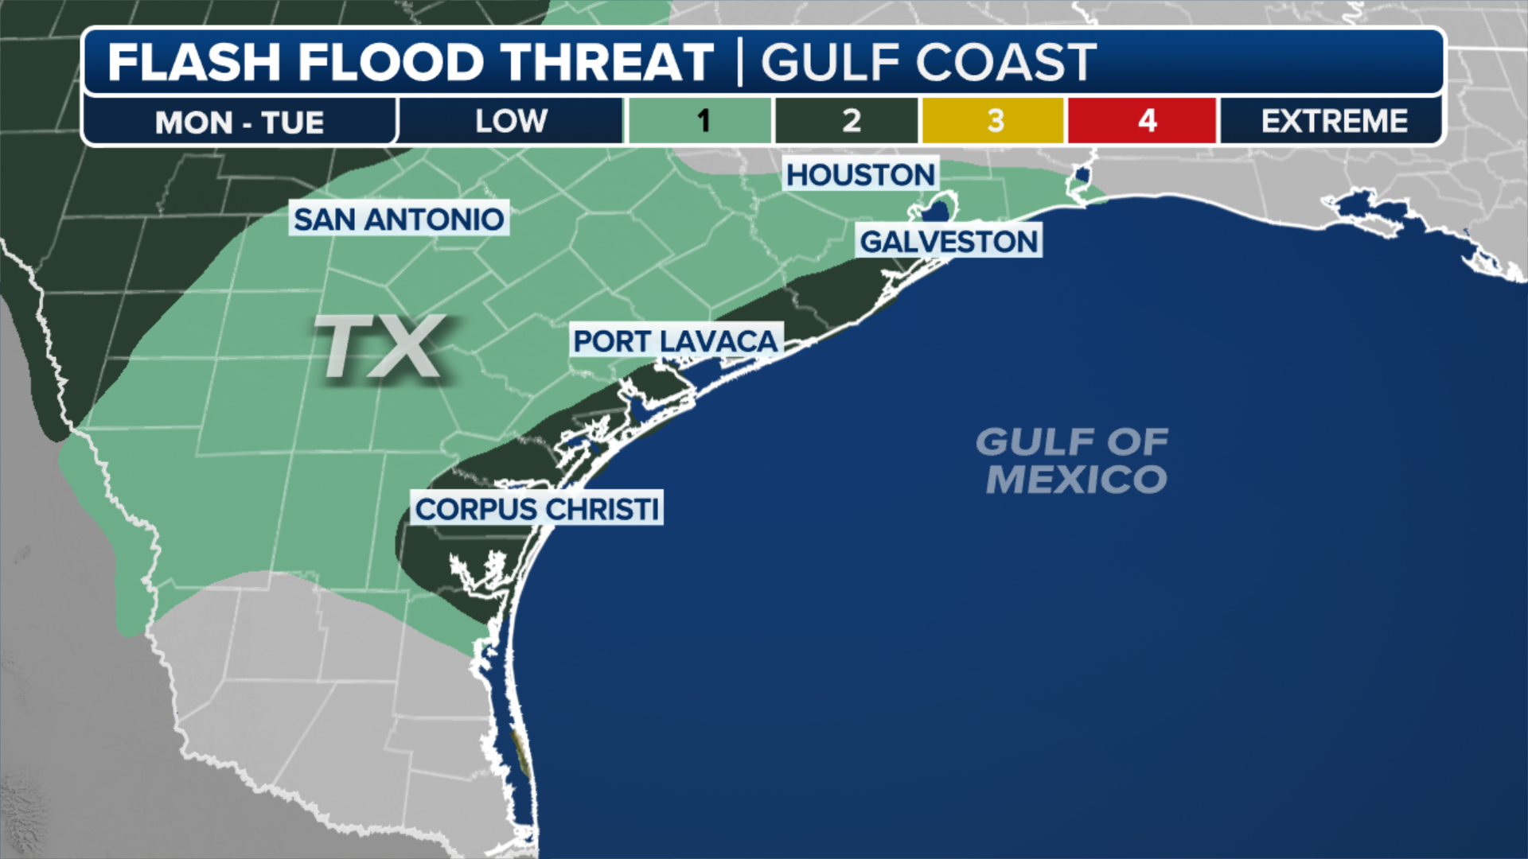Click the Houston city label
860,174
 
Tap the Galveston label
949,241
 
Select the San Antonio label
399,219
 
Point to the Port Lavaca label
675,340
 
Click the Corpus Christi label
537,508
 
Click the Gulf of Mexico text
1073,461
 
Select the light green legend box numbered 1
700,121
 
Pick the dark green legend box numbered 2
848,121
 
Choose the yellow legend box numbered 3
994,121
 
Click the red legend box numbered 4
1144,121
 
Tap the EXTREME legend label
1333,121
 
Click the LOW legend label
511,121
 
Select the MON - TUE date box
239,122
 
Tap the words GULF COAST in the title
929,62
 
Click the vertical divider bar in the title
740,62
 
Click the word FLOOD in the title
391,62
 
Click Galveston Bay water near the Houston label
936,212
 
